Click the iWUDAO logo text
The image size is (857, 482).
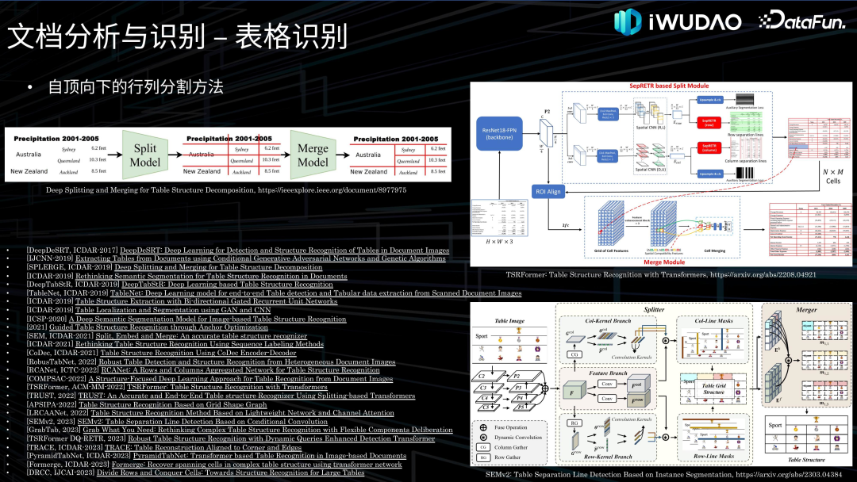tap(694, 21)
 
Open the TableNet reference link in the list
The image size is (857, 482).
tap(316, 293)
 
